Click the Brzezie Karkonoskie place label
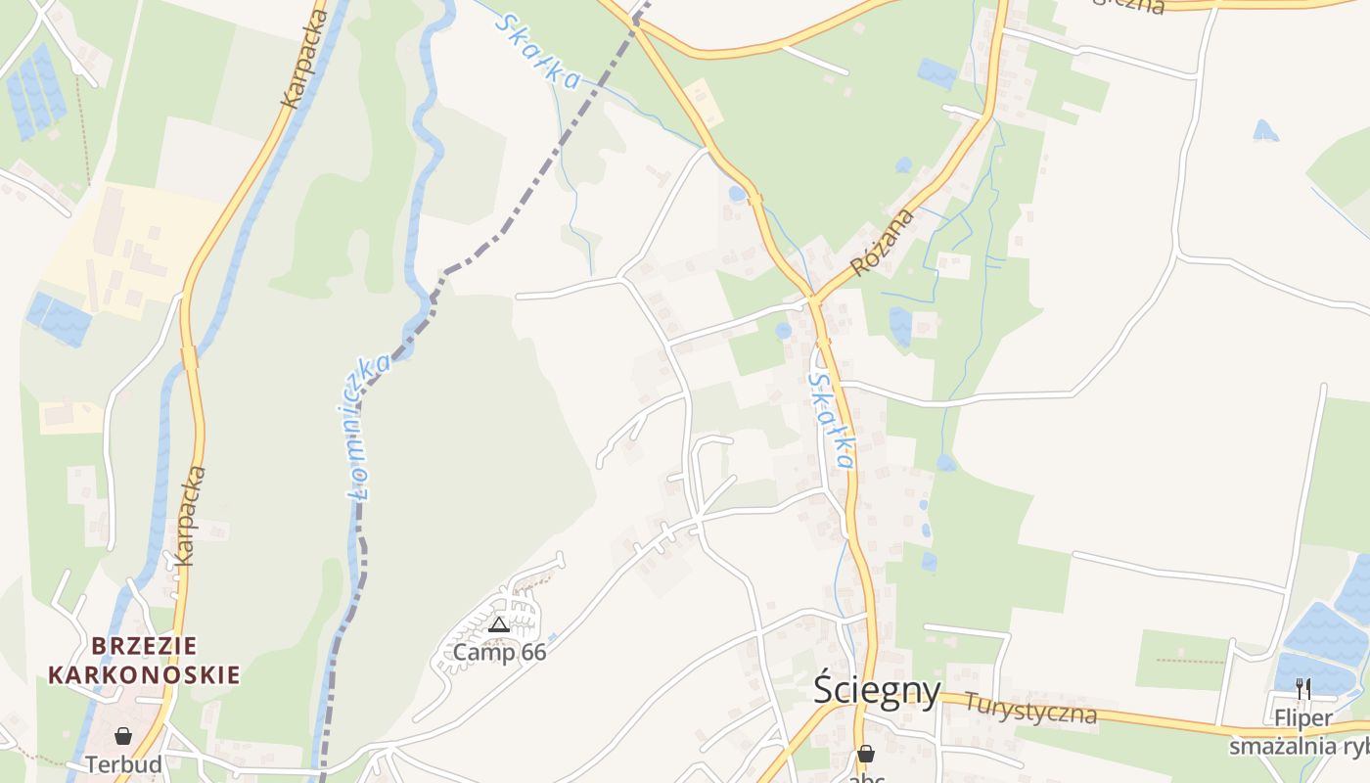pyautogui.click(x=144, y=661)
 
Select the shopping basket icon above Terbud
pyautogui.click(x=123, y=736)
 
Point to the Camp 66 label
pyautogui.click(x=499, y=652)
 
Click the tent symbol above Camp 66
pyautogui.click(x=499, y=624)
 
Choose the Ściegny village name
pyautogui.click(x=877, y=692)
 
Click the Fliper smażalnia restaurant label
pyautogui.click(x=1302, y=732)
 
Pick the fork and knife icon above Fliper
pyautogui.click(x=1302, y=689)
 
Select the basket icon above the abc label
pyautogui.click(x=865, y=754)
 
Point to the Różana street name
pyautogui.click(x=882, y=242)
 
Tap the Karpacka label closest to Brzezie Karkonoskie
pyautogui.click(x=189, y=516)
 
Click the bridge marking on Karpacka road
pyautogui.click(x=190, y=358)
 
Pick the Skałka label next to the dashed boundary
pyautogui.click(x=537, y=52)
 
